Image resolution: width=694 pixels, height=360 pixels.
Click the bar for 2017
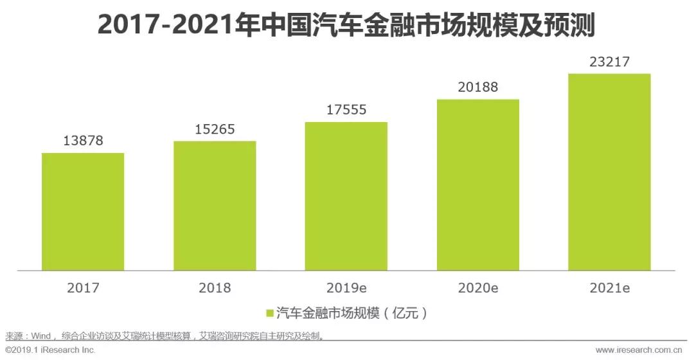(83, 212)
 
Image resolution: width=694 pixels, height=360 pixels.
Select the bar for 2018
(215, 205)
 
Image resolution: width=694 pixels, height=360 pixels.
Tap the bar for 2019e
(346, 196)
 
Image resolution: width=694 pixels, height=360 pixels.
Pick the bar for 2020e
(478, 184)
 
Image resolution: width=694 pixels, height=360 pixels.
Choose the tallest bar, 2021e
(609, 172)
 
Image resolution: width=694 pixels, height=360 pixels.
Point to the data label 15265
(215, 129)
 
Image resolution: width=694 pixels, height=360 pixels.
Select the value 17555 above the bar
(346, 110)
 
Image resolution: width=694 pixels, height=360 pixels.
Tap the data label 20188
(478, 87)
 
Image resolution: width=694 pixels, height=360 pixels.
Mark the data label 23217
(609, 62)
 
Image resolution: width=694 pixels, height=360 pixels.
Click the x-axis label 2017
(83, 288)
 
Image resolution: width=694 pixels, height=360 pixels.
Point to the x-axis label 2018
(215, 288)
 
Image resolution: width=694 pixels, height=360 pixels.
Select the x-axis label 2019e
(346, 288)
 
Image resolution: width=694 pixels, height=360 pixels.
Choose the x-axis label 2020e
(478, 288)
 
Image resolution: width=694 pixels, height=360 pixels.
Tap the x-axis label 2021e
(609, 288)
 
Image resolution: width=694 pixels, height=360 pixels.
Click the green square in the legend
(270, 313)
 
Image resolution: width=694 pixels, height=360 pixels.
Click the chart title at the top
(346, 26)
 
